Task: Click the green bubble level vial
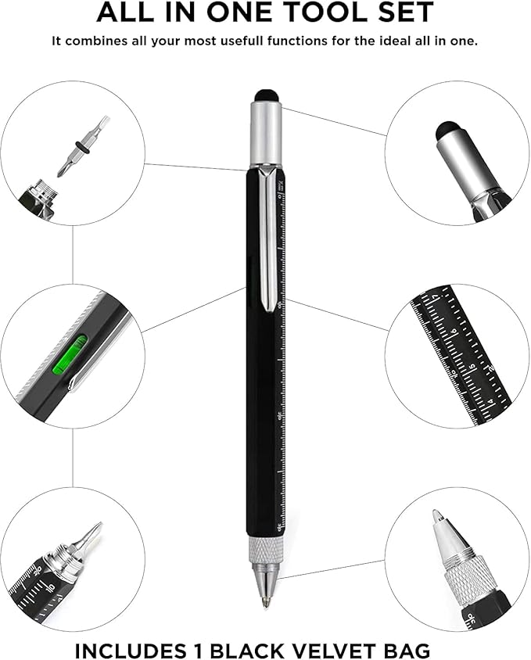click(70, 353)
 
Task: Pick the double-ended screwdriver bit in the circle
click(81, 146)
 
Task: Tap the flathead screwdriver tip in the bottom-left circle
click(91, 538)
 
